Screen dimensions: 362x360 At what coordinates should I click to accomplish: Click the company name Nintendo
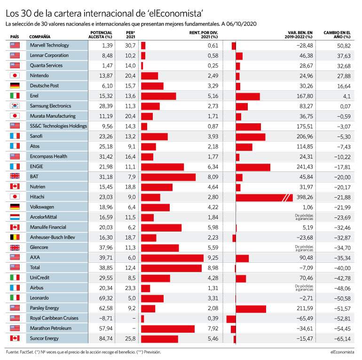point(39,76)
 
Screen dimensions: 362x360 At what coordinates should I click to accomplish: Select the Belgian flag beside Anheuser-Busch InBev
point(15,237)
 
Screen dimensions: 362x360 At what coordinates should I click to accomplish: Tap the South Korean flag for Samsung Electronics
point(15,106)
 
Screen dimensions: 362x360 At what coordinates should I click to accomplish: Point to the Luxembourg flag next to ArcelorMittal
point(15,217)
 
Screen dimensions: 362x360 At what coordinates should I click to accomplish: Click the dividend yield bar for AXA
point(172,258)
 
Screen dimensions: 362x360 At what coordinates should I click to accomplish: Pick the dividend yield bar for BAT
point(168,177)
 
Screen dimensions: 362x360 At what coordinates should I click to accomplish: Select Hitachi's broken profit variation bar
point(264,197)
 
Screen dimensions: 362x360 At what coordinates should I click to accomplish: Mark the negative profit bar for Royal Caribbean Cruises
point(231,319)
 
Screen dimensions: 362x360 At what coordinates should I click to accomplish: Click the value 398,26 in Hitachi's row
point(305,197)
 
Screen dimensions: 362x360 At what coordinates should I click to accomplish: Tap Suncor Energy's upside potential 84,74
point(106,338)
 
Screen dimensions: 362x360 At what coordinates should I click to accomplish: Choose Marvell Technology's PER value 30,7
point(130,46)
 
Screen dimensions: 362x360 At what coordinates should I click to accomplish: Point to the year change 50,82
point(344,46)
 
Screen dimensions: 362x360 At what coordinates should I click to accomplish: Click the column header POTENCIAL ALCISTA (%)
point(101,35)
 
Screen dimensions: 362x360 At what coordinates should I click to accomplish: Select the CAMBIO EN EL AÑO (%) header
point(337,35)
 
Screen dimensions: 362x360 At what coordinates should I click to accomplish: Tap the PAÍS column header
point(15,37)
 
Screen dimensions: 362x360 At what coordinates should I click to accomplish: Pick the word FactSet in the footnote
point(27,352)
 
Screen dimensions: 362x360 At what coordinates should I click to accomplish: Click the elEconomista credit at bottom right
point(342,352)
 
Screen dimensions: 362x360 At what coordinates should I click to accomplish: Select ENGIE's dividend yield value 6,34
point(213,167)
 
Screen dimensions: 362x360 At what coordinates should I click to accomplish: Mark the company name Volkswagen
point(42,207)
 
